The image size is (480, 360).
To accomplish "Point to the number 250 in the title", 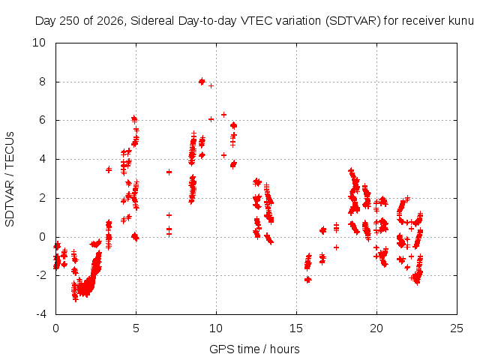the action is pyautogui.click(x=70, y=21).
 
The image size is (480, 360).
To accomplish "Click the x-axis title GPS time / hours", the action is pyautogui.click(x=254, y=349).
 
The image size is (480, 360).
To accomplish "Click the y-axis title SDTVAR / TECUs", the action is pyautogui.click(x=10, y=179).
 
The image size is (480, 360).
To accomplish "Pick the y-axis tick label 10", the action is pyautogui.click(x=38, y=43).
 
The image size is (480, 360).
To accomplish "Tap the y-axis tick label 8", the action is pyautogui.click(x=42, y=82).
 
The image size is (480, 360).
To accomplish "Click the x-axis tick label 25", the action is pyautogui.click(x=457, y=328).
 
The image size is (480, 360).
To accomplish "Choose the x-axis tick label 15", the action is pyautogui.click(x=296, y=328).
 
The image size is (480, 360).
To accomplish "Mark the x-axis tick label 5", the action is pyautogui.click(x=136, y=328).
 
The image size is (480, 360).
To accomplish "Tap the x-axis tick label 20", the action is pyautogui.click(x=376, y=328).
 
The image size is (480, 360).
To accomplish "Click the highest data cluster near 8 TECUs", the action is pyautogui.click(x=202, y=82).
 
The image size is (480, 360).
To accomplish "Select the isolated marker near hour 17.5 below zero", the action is pyautogui.click(x=337, y=247).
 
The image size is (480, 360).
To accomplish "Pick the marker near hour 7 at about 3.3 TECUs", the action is pyautogui.click(x=169, y=172).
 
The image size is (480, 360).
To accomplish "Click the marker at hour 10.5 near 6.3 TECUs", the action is pyautogui.click(x=223, y=115).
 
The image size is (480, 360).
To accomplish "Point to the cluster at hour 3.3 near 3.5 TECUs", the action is pyautogui.click(x=109, y=169).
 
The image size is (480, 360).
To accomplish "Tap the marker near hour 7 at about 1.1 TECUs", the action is pyautogui.click(x=169, y=215).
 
